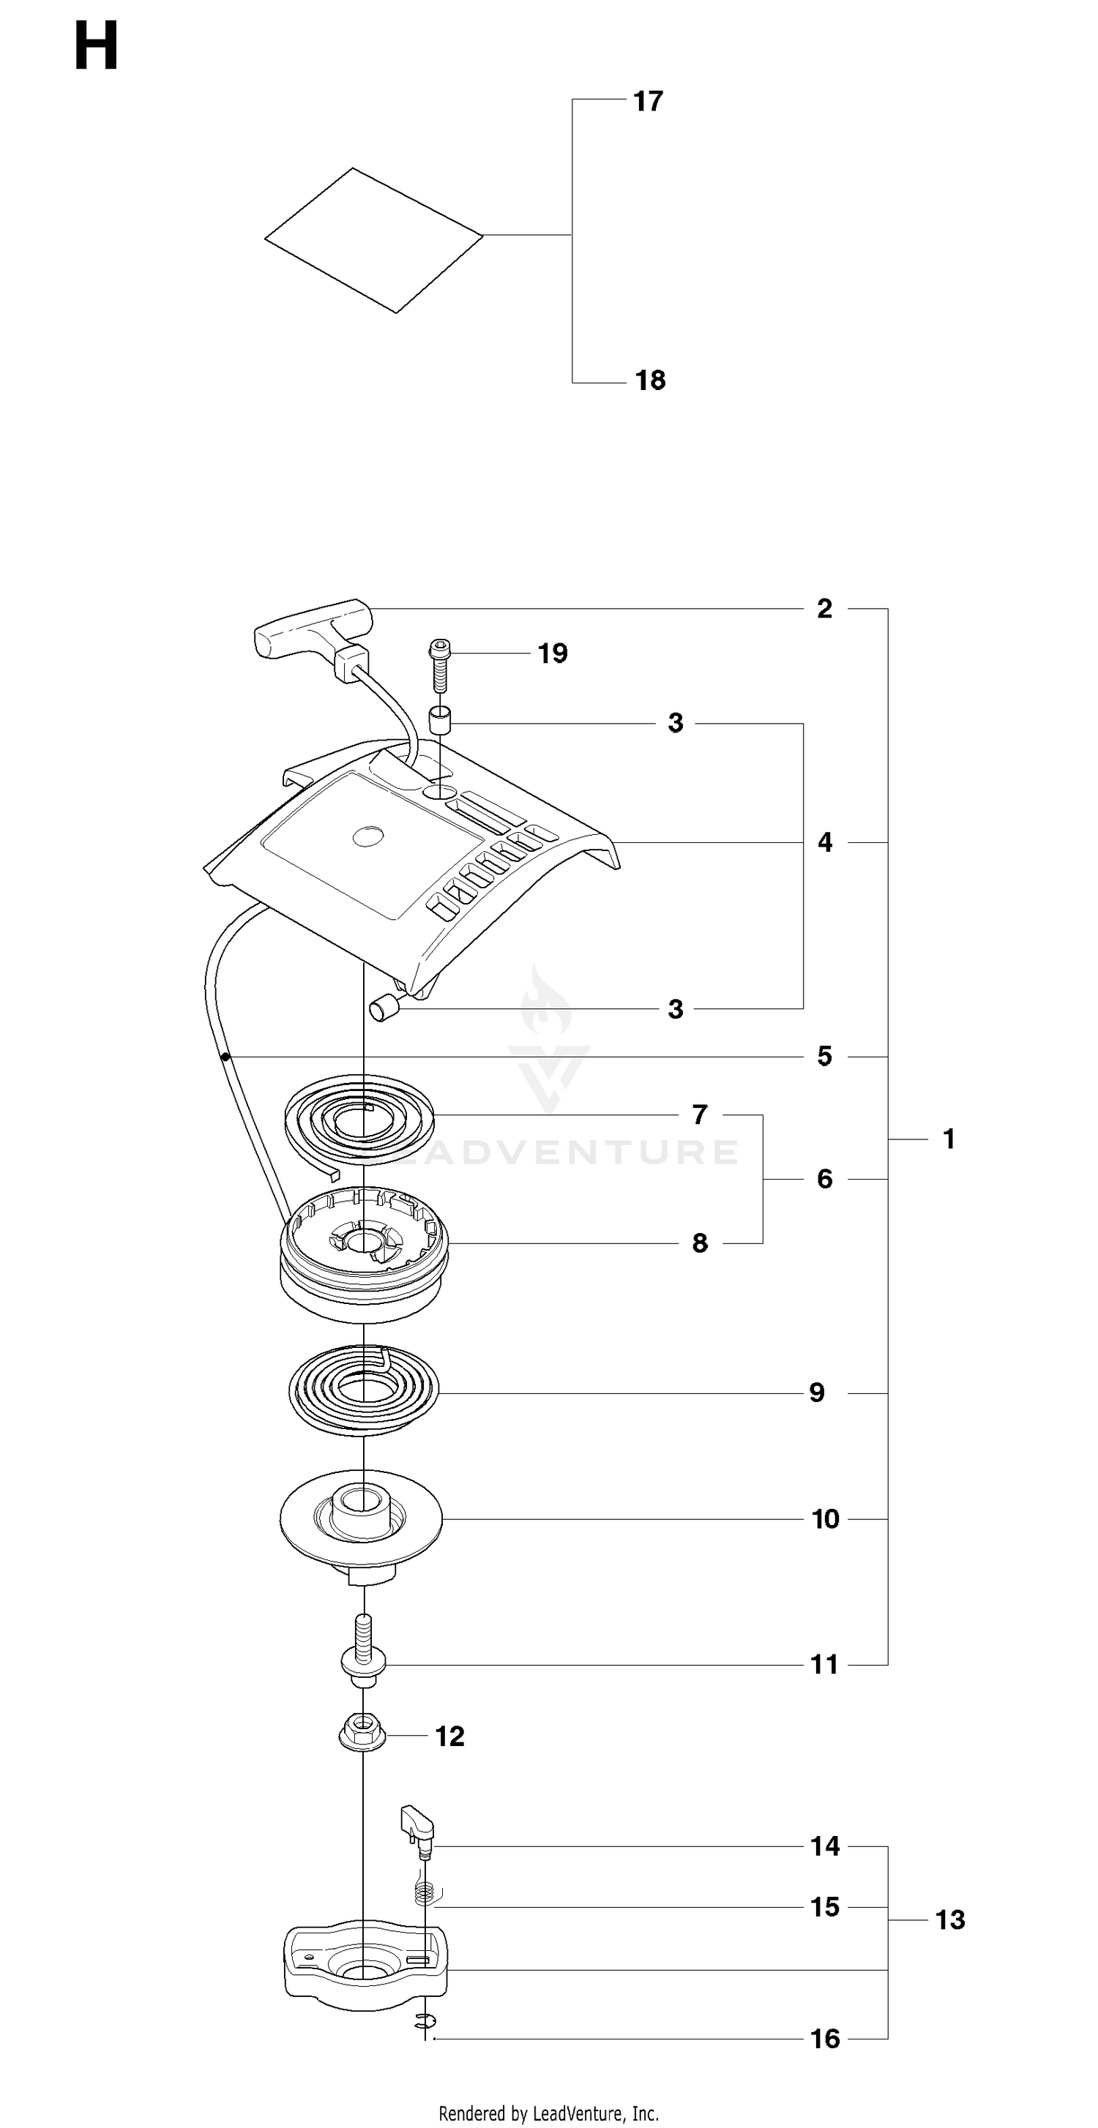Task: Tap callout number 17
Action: [x=648, y=101]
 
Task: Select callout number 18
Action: [x=649, y=380]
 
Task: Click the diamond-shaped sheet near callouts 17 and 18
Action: [x=373, y=241]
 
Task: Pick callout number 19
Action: [x=553, y=653]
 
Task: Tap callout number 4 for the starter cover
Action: [x=824, y=842]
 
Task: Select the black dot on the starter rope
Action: [x=225, y=1057]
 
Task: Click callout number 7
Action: [x=700, y=1114]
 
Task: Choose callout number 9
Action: [x=816, y=1393]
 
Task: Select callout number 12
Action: [x=449, y=1737]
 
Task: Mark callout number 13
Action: [x=950, y=1920]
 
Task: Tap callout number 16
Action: [x=824, y=2039]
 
